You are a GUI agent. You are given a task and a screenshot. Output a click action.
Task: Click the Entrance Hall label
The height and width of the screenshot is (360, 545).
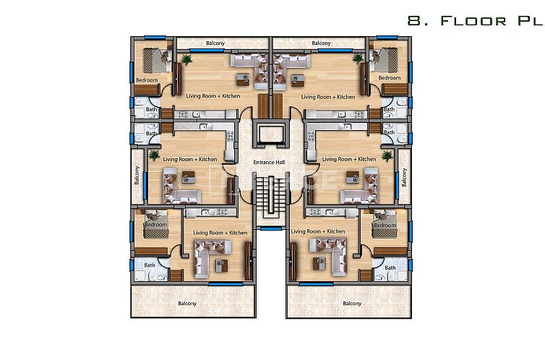coord(265,162)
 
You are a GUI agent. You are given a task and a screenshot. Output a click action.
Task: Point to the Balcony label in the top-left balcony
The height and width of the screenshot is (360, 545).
coord(215,43)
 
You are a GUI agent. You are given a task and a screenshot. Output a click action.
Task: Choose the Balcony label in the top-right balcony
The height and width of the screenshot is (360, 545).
coord(321,43)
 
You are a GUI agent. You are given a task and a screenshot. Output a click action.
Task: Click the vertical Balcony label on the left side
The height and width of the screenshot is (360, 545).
coord(136,176)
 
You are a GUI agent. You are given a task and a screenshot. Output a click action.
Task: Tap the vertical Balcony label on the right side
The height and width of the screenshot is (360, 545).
coord(405,176)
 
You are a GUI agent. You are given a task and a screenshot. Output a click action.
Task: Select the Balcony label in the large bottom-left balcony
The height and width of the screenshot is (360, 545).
coord(187,303)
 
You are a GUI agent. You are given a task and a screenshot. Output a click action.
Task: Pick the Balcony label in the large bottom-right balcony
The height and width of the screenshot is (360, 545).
coord(352,303)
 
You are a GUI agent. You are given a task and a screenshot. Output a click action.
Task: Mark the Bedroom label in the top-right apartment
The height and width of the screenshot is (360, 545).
coord(390,77)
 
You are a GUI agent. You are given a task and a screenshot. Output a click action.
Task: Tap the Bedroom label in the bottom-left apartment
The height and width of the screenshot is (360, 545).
coord(155,225)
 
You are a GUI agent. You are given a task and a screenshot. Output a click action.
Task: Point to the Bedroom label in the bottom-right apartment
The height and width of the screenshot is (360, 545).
coord(385,226)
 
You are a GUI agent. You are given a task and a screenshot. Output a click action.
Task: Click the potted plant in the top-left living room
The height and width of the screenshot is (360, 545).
coord(187,59)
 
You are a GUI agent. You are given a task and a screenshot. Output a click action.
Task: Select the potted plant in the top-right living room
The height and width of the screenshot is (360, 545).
coord(356,58)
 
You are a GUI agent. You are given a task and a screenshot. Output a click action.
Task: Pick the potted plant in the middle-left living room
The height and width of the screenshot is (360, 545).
coord(153,154)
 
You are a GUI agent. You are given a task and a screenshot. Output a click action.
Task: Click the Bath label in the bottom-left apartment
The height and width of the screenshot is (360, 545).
coord(150,265)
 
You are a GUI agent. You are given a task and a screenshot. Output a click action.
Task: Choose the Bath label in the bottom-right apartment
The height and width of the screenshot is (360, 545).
coord(390,267)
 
